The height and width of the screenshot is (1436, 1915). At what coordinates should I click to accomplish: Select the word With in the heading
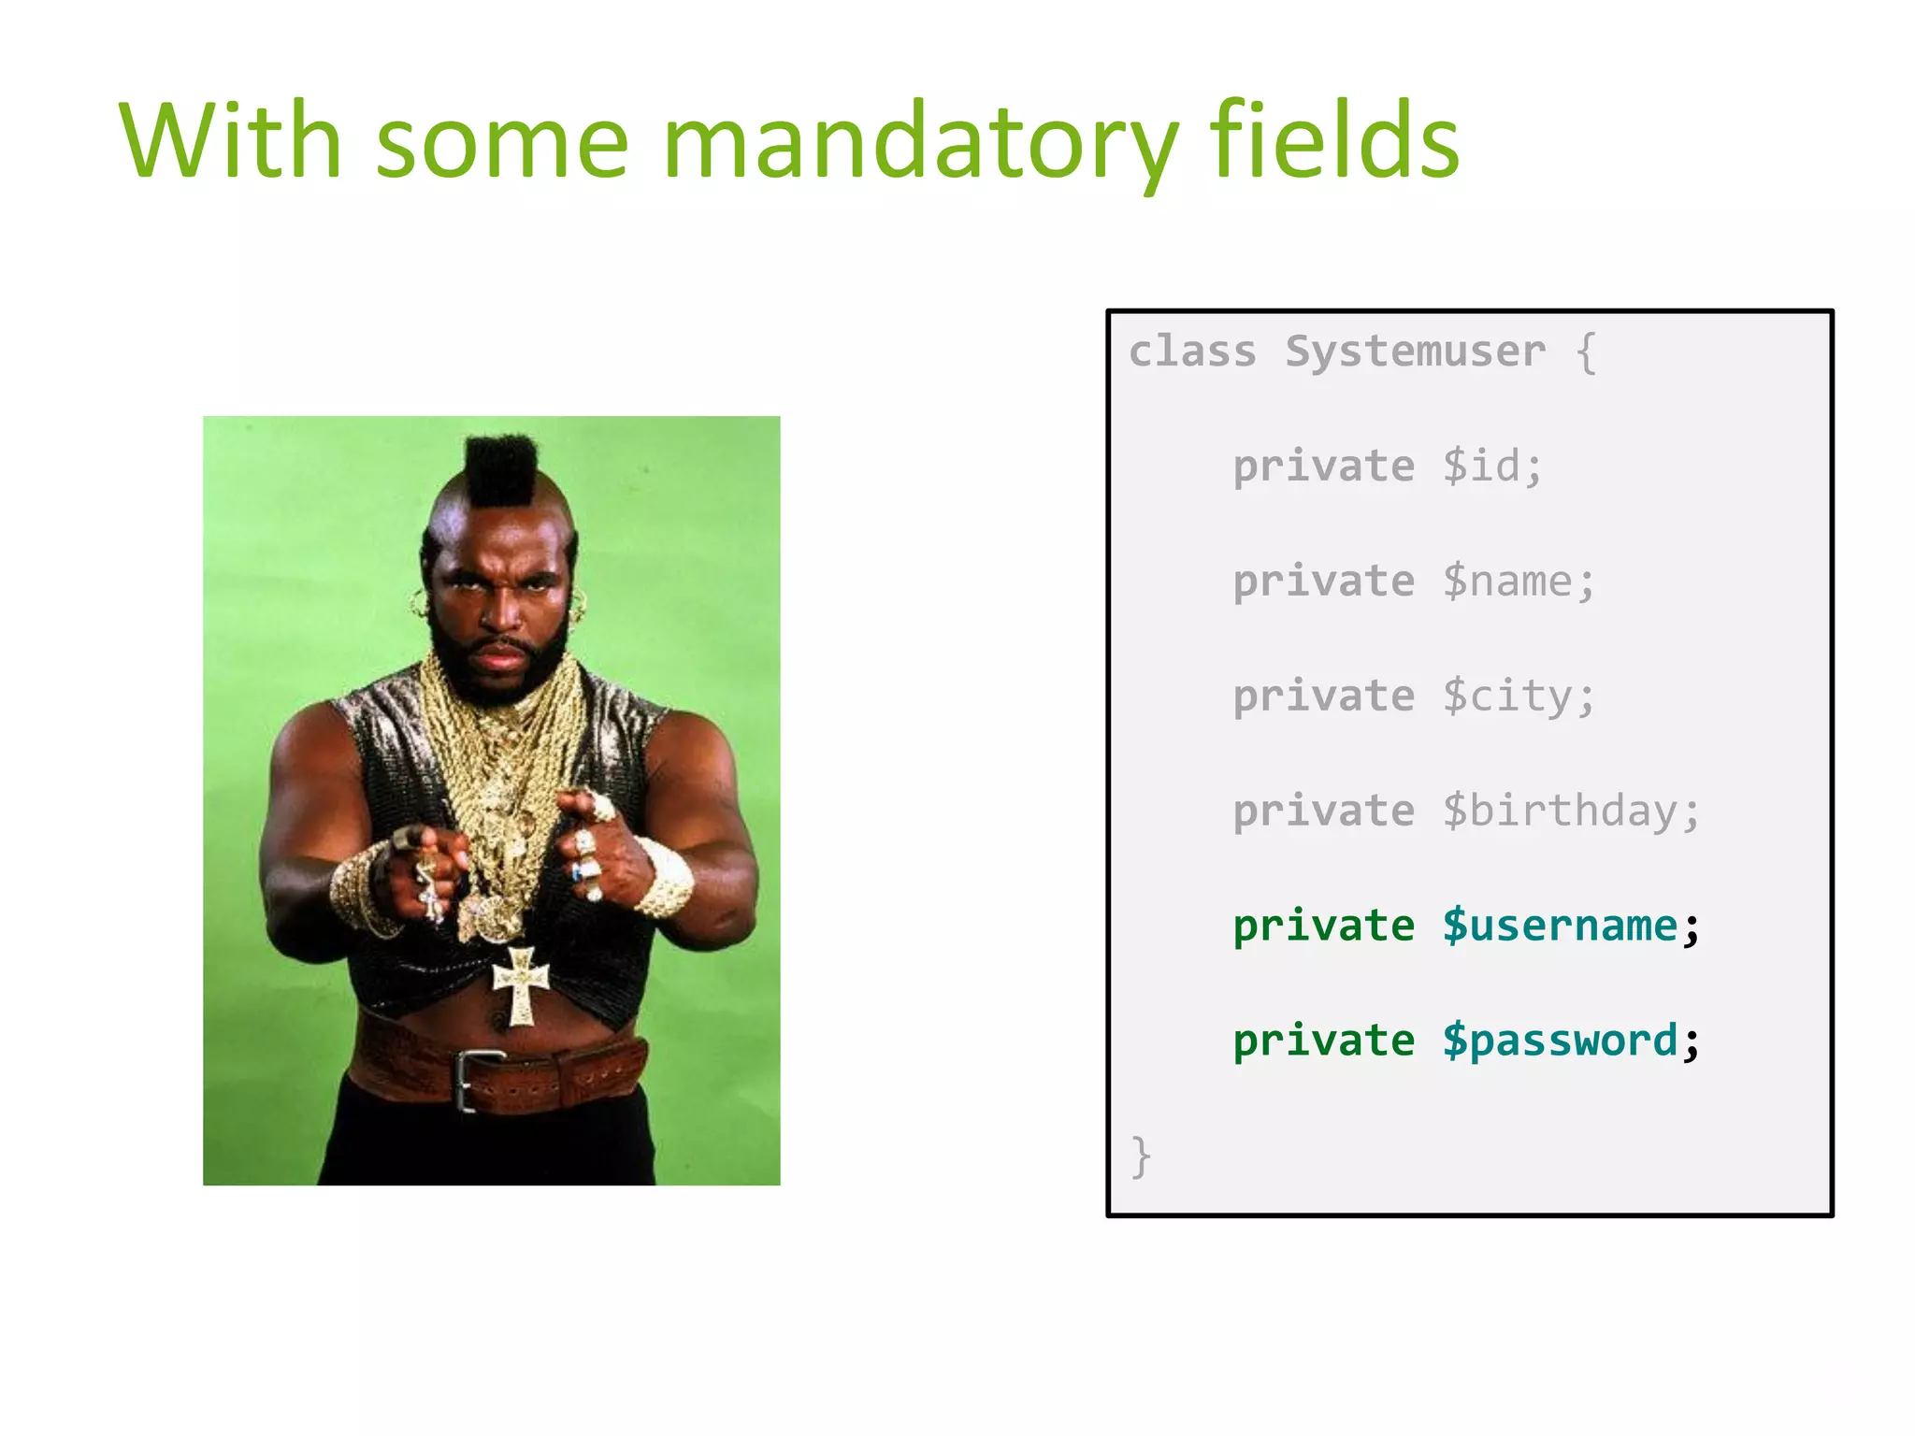[230, 140]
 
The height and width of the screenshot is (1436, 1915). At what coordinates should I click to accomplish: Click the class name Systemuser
[1415, 352]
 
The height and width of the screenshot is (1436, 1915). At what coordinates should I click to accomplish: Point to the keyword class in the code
[1192, 352]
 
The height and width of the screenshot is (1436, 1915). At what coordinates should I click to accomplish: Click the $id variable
[1490, 467]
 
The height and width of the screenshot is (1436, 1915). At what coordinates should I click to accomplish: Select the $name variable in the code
[1518, 582]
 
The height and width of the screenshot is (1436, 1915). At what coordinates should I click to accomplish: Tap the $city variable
[1518, 696]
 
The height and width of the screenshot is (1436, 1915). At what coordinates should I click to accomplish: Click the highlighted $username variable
[1560, 926]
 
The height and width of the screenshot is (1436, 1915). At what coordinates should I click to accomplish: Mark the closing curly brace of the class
[1141, 1157]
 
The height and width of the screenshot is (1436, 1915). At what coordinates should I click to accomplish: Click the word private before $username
[1323, 926]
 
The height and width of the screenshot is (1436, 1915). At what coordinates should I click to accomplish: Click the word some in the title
[502, 145]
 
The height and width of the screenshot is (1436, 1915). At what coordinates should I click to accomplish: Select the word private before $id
[1323, 467]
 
